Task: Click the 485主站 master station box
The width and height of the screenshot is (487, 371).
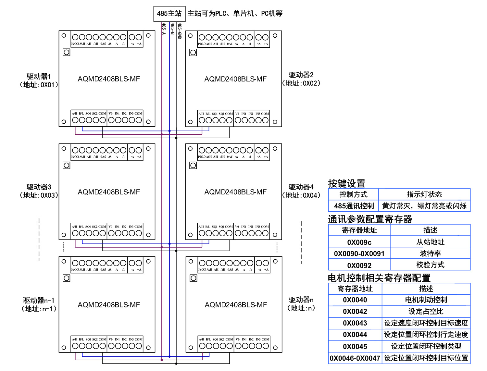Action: coord(169,14)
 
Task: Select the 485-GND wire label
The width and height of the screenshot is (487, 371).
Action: coord(180,31)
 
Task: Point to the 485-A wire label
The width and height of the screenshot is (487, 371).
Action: coord(164,29)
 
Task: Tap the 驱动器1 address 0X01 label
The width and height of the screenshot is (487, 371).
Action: coord(39,80)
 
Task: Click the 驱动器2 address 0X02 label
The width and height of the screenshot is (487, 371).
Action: coord(301,79)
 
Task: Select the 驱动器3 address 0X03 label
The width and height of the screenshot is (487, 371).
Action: coord(39,191)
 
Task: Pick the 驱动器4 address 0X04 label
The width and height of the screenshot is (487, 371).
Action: coord(301,191)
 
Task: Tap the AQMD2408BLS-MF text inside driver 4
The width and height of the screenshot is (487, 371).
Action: coord(235,192)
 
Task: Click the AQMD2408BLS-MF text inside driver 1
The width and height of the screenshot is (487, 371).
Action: coord(109,79)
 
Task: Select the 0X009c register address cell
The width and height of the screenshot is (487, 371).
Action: coord(359,242)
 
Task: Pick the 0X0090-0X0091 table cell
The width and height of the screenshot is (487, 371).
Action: coord(359,254)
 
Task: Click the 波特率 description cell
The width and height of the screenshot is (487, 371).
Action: coord(430,254)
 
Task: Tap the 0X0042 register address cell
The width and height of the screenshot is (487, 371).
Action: coord(355,312)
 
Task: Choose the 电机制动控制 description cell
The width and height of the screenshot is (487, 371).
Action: coord(426,300)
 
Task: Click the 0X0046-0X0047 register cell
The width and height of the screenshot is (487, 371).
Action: coord(355,358)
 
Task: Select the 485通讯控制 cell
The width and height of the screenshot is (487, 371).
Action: coord(354,206)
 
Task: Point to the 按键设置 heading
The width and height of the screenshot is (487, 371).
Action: coord(346,184)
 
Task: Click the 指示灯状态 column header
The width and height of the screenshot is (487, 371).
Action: coord(424,194)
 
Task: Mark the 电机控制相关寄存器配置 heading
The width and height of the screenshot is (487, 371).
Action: coord(379,278)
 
